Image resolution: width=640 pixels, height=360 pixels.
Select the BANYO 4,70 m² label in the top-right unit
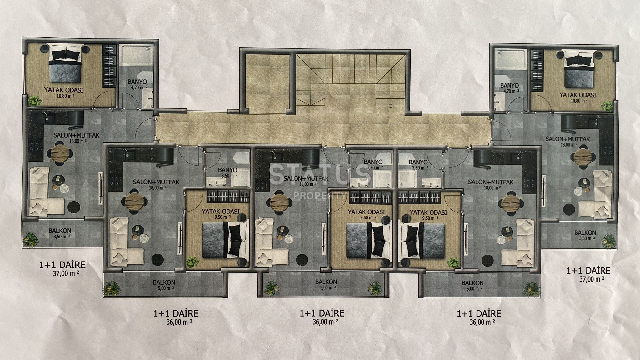pyautogui.click(x=509, y=88)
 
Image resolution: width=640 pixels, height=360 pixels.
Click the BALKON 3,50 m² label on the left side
pyautogui.click(x=59, y=233)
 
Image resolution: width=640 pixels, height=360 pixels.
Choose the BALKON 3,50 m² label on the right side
pyautogui.click(x=585, y=235)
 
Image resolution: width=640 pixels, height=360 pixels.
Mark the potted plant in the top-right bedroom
pyautogui.click(x=607, y=106)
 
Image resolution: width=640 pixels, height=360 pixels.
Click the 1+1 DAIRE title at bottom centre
pyautogui.click(x=322, y=313)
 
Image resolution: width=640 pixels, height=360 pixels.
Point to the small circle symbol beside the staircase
pyautogui.click(x=390, y=106)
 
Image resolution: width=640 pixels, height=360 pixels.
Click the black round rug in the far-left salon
pyautogui.click(x=74, y=206)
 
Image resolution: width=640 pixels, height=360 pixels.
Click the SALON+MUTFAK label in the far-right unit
pyautogui.click(x=567, y=139)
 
